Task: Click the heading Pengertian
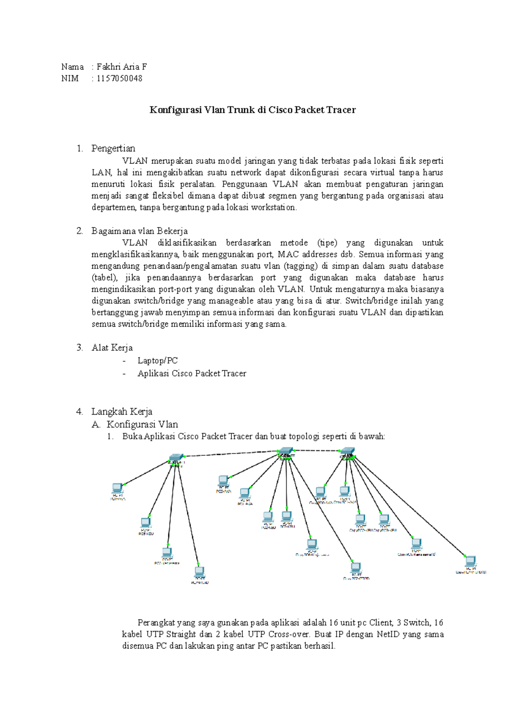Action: (113, 148)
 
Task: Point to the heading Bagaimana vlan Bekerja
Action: (139, 231)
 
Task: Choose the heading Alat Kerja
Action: (112, 348)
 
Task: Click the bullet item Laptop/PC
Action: (157, 361)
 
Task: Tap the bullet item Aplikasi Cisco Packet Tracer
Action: (191, 373)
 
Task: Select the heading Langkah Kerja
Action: (122, 412)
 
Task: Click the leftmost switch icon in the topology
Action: (176, 457)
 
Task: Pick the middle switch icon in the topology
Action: (285, 452)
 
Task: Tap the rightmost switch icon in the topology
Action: (348, 451)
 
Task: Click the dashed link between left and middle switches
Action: (231, 454)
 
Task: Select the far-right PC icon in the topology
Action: (470, 561)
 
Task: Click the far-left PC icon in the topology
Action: (117, 488)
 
